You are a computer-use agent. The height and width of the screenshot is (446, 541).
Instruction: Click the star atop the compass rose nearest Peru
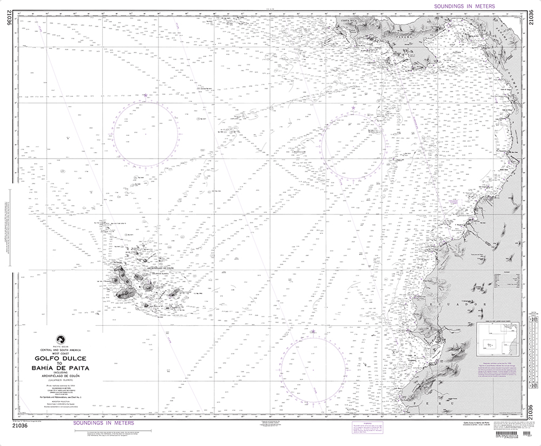click(313, 331)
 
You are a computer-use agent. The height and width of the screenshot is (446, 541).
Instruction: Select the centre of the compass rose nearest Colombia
click(353, 143)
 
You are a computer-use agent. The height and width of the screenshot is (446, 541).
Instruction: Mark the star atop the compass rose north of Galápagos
click(146, 96)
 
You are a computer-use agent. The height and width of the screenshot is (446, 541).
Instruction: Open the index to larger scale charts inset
click(498, 342)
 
